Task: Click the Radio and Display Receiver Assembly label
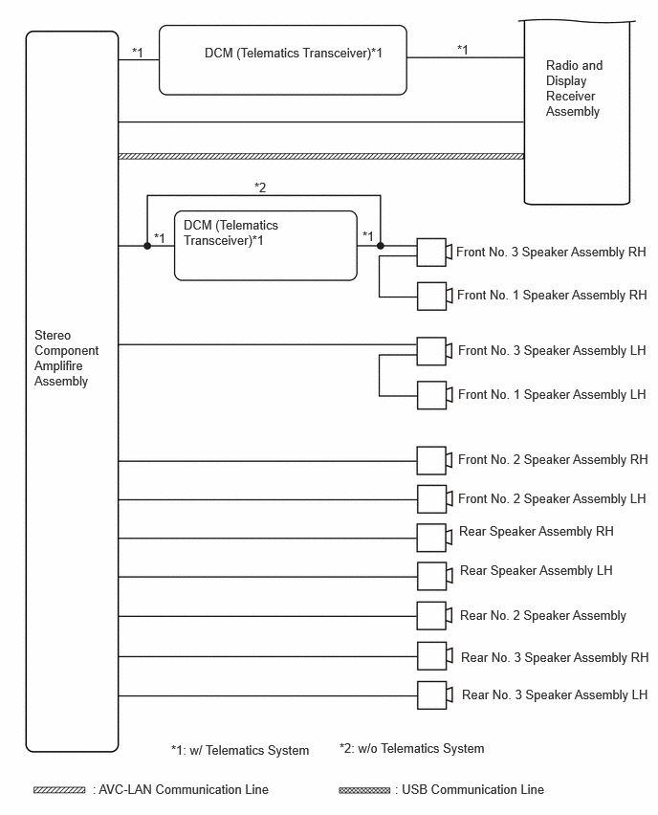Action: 574,88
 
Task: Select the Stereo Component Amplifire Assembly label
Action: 66,358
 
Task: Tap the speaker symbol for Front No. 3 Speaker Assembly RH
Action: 434,253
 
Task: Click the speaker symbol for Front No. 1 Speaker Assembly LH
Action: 434,395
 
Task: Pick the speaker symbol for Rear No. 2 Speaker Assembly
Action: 434,616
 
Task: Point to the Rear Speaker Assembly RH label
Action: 536,532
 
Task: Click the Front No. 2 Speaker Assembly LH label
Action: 552,499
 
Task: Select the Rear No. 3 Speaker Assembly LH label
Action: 555,694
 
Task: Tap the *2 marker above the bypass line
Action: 260,187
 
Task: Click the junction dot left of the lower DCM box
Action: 147,246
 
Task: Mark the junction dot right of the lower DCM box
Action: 381,246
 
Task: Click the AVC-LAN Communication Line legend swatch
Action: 59,790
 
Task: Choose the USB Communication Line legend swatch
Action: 363,790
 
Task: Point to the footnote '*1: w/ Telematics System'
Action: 240,751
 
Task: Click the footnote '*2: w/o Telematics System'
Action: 411,748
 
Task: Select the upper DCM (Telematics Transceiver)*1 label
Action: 294,53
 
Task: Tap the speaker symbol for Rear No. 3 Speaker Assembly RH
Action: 434,656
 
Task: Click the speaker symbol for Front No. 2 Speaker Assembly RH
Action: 434,460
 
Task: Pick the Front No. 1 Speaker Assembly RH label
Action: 552,296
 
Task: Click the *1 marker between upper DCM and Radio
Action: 463,50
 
